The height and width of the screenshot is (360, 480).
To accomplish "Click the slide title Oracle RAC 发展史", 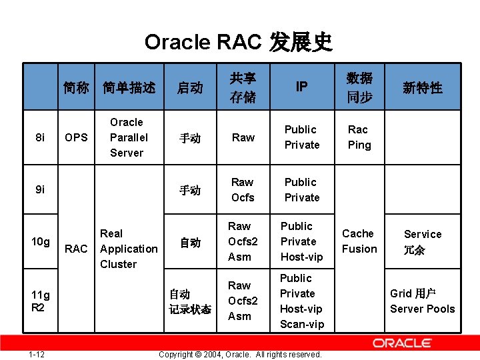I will pyautogui.click(x=239, y=42).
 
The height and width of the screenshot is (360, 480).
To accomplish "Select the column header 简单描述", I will pyautogui.click(x=129, y=87).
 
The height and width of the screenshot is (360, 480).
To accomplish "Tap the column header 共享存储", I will pyautogui.click(x=243, y=87).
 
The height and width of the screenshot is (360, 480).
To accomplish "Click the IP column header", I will pyautogui.click(x=302, y=87).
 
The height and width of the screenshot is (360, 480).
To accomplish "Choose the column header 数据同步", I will pyautogui.click(x=359, y=87).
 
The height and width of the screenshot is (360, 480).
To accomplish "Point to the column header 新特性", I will pyautogui.click(x=422, y=87).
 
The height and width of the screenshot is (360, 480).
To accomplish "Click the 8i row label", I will pyautogui.click(x=40, y=137).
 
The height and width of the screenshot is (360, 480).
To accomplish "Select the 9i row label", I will pyautogui.click(x=40, y=189).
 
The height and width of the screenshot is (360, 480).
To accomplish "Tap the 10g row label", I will pyautogui.click(x=40, y=241).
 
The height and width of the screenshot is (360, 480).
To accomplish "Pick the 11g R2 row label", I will pyautogui.click(x=40, y=301).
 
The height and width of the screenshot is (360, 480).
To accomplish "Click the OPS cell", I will pyautogui.click(x=77, y=137).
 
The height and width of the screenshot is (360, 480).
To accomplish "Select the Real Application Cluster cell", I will pyautogui.click(x=129, y=249).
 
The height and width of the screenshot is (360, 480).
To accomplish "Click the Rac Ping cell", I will pyautogui.click(x=358, y=137).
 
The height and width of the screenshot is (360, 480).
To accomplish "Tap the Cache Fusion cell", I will pyautogui.click(x=359, y=241).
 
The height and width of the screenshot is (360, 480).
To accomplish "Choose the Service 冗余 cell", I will pyautogui.click(x=422, y=242).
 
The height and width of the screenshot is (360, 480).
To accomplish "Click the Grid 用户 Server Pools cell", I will pyautogui.click(x=422, y=301).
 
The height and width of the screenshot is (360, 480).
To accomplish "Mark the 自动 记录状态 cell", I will pyautogui.click(x=190, y=301).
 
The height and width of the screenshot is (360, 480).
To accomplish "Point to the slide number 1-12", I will pyautogui.click(x=37, y=354).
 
